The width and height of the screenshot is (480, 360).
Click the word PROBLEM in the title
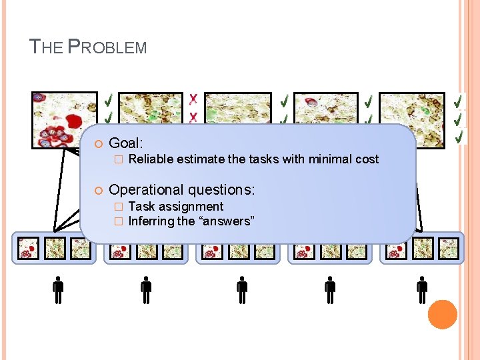tap(108, 47)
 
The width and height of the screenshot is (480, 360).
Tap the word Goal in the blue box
tap(125, 143)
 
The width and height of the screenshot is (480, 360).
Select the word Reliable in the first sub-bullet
tap(149, 159)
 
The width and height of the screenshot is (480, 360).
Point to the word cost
tap(365, 159)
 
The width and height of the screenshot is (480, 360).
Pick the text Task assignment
tap(175, 207)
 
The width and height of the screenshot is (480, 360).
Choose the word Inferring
tap(151, 221)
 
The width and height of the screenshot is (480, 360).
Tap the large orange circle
tap(442, 314)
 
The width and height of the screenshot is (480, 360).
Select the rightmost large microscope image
tap(412, 111)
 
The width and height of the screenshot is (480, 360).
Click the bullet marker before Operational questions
tap(97, 191)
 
